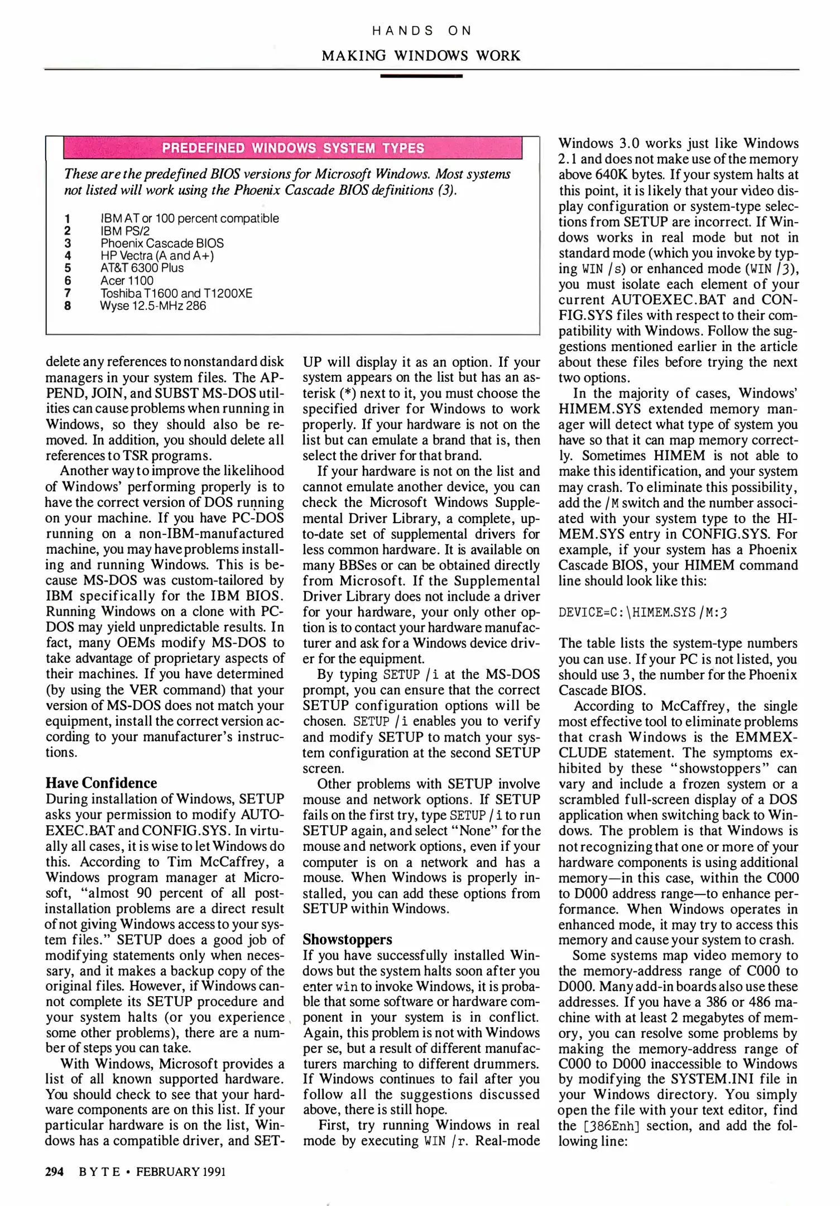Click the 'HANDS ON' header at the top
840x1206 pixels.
[421, 31]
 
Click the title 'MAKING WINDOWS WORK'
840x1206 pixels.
[421, 56]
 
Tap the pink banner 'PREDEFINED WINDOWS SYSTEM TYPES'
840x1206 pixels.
[292, 148]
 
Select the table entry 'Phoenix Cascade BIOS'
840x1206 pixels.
[162, 243]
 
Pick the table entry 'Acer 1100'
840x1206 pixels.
[127, 281]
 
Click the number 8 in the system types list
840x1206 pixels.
[68, 306]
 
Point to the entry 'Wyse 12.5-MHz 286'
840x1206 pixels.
[153, 306]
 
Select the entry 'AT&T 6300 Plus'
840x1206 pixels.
[142, 268]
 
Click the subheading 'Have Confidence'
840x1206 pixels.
[101, 783]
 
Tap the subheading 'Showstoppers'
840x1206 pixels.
[347, 939]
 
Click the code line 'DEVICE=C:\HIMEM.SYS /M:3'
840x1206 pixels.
[642, 612]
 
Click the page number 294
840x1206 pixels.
[54, 1171]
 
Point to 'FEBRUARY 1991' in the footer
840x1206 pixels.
[181, 1171]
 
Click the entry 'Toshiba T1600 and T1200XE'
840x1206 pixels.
[176, 293]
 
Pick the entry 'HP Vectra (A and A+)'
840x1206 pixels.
[157, 256]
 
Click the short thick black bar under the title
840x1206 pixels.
[421, 75]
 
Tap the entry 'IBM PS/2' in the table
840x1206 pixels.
[125, 231]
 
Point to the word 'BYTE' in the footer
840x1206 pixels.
[99, 1171]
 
